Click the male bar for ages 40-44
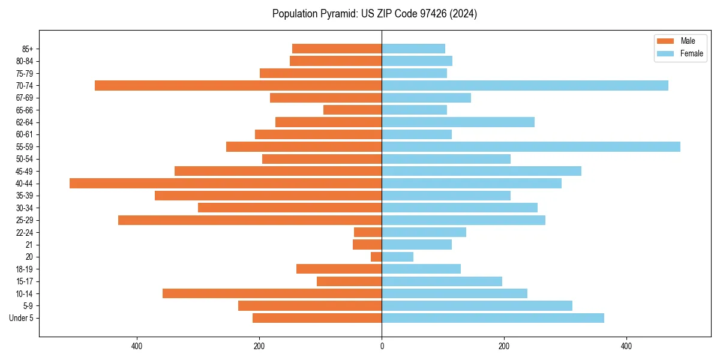tap(226, 183)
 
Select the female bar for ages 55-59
tap(531, 146)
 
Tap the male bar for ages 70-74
tap(238, 85)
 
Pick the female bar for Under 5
tap(493, 318)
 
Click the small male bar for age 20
tap(376, 257)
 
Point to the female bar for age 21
tap(416, 244)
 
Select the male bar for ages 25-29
tap(250, 220)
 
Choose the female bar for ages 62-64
tap(458, 122)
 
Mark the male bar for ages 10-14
tap(272, 293)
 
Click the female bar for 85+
tap(413, 49)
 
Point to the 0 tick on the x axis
tap(382, 346)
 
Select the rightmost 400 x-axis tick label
tap(626, 346)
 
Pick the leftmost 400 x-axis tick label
tap(137, 346)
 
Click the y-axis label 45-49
tap(25, 171)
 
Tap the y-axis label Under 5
tap(21, 318)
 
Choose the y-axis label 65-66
tap(25, 110)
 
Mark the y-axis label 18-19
tap(25, 269)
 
